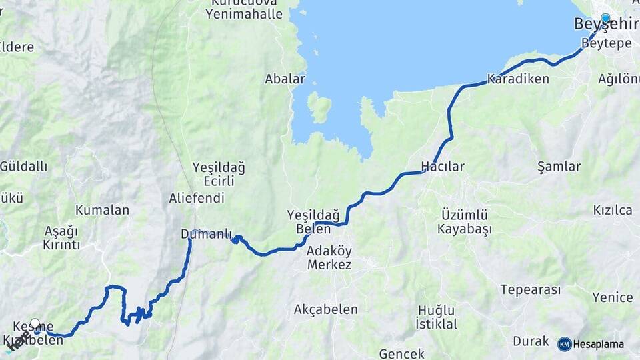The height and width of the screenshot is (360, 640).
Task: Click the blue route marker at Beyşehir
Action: click(605, 19)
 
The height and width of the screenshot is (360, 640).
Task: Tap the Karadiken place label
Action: click(518, 79)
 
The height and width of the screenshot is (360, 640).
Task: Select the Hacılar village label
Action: click(442, 166)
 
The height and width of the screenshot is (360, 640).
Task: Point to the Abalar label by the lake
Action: click(285, 79)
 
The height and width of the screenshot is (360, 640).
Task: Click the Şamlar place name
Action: click(559, 166)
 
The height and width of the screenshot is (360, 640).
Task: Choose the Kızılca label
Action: click(613, 210)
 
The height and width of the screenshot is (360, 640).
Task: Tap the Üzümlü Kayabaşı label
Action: click(465, 222)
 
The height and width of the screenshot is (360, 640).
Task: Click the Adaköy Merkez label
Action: click(329, 257)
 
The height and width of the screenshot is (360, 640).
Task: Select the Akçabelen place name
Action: click(325, 309)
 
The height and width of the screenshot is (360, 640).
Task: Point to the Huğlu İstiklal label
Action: click(436, 317)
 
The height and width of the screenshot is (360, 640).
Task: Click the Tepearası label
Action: click(530, 290)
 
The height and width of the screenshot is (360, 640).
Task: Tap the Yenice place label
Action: click(612, 297)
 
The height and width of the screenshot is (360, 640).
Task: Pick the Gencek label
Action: click(402, 353)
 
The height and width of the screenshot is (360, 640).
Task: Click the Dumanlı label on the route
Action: click(206, 234)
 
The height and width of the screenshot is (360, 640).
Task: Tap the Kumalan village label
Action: click(102, 210)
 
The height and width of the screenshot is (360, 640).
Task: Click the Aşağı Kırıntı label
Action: click(61, 238)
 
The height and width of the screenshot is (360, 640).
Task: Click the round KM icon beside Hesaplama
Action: click(564, 344)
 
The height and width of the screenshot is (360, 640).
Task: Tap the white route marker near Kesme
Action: click(35, 324)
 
